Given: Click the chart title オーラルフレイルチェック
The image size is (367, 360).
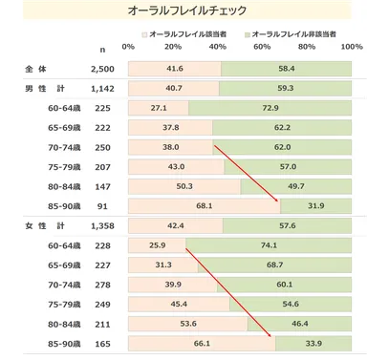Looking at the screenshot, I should point(183,11).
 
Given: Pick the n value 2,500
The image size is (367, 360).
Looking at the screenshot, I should point(101,70).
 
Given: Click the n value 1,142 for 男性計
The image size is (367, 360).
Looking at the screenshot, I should point(101,89).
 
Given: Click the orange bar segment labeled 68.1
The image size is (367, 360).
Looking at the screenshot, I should point(203,205).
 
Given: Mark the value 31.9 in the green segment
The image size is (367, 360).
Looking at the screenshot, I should point(315,205).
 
